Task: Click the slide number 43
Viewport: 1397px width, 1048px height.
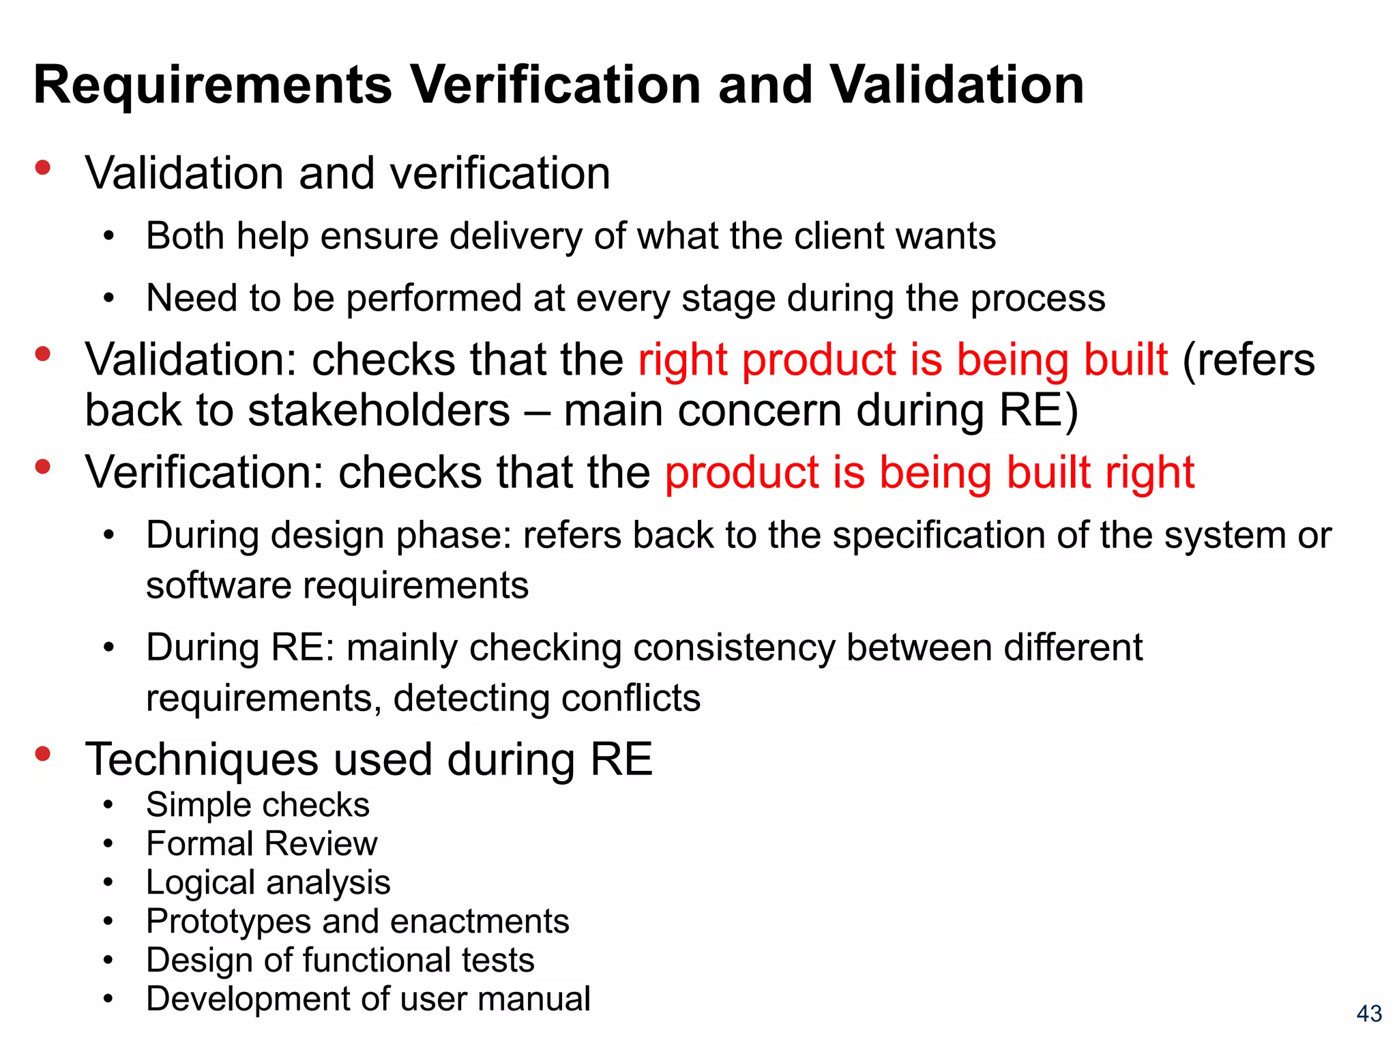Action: (x=1369, y=1013)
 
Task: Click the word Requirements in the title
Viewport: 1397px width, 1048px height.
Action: (x=213, y=86)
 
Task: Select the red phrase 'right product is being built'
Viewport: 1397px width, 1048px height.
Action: (x=902, y=360)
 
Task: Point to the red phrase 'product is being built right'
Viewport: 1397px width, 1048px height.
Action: (x=929, y=472)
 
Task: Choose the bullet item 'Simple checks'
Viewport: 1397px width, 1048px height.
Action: (x=257, y=804)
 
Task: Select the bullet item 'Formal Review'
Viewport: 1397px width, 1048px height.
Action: (x=261, y=843)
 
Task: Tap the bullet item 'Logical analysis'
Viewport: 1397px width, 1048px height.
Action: (x=268, y=882)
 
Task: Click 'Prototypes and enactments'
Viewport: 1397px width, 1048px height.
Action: (x=357, y=921)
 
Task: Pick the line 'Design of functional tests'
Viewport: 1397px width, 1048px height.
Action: (x=340, y=960)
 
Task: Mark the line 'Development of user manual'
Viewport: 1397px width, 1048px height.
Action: (x=368, y=999)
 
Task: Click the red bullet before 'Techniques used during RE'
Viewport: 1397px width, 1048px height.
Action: (x=43, y=753)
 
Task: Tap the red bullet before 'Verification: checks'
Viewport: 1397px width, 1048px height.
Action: (x=43, y=467)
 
